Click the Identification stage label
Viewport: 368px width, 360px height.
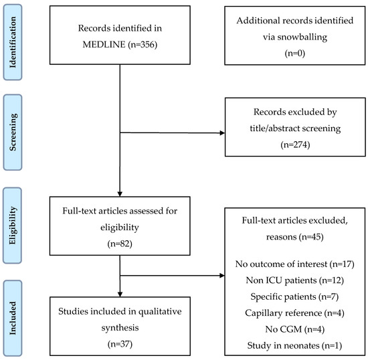(x=13, y=42)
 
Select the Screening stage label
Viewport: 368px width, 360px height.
(x=13, y=132)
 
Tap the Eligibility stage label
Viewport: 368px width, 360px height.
(x=13, y=226)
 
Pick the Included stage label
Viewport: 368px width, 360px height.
(x=13, y=318)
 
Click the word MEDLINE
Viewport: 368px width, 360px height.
(x=104, y=44)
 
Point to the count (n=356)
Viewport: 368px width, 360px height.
(x=143, y=45)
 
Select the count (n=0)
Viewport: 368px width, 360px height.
(x=295, y=54)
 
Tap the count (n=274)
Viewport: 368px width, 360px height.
(x=295, y=145)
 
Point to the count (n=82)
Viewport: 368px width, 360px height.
(x=120, y=244)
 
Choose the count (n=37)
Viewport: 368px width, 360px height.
(x=120, y=344)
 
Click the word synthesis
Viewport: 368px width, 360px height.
(x=120, y=328)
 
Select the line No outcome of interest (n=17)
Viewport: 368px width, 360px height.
(x=295, y=264)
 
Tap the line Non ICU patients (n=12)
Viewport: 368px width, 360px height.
(x=295, y=280)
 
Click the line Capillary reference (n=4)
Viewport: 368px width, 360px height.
(x=295, y=313)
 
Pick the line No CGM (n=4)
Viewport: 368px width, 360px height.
(x=295, y=329)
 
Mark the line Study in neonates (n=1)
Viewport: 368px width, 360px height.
(x=295, y=345)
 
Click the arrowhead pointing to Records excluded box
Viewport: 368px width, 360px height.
(x=222, y=133)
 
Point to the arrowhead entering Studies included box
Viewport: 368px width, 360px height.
(x=120, y=294)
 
